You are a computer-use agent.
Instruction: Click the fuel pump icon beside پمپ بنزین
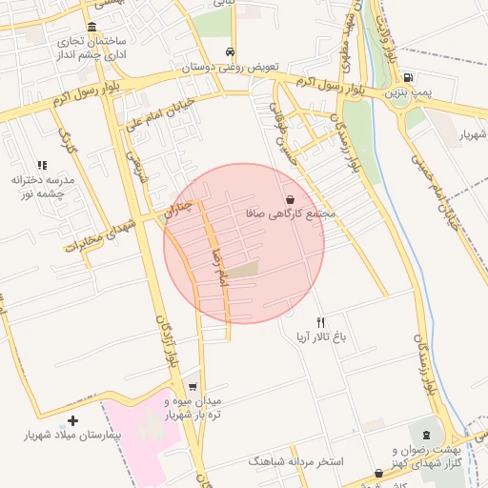click(x=408, y=77)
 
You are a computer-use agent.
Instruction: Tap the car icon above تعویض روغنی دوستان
click(x=231, y=51)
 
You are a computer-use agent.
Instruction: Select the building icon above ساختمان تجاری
click(x=91, y=27)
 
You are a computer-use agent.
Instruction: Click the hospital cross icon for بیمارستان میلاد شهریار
click(x=73, y=419)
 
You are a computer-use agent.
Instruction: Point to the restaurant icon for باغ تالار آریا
click(x=321, y=322)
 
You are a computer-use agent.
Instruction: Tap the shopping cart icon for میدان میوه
click(x=193, y=386)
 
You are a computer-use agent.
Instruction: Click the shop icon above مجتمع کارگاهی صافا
click(x=289, y=199)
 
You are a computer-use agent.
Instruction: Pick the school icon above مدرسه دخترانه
click(x=42, y=165)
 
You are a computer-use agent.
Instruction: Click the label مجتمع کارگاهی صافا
click(x=291, y=213)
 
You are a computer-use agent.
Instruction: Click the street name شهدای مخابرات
click(x=103, y=234)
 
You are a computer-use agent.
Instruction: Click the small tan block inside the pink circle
click(x=244, y=271)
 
